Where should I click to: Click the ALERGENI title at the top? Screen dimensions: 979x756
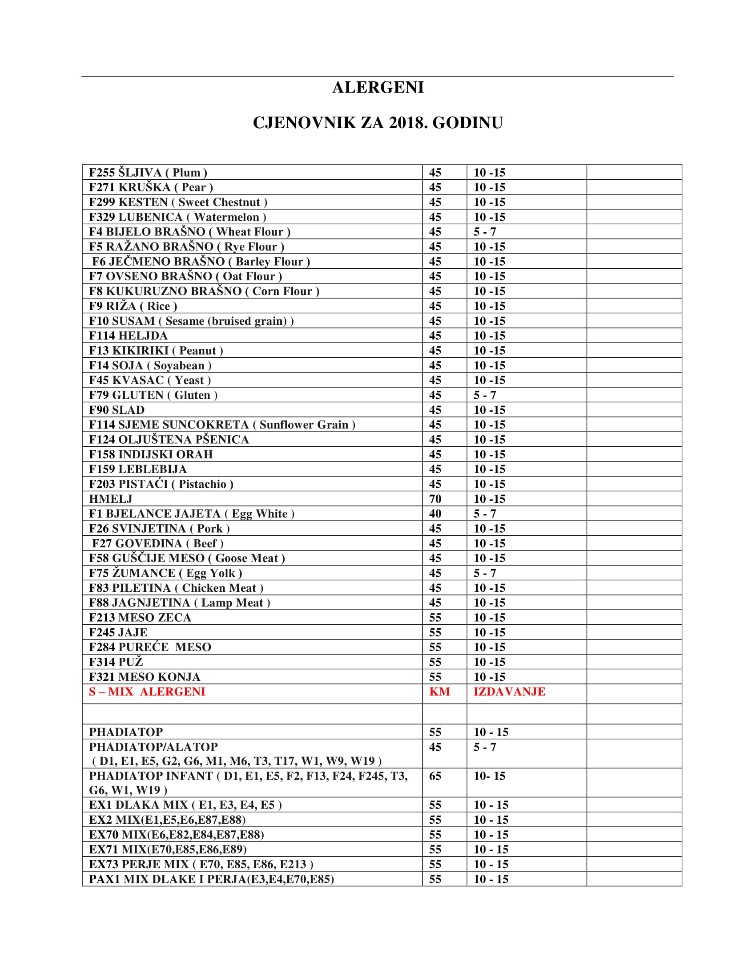pyautogui.click(x=378, y=87)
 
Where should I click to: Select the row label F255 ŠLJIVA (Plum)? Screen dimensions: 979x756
pyautogui.click(x=148, y=173)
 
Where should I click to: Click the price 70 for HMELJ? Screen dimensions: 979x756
pyautogui.click(x=435, y=499)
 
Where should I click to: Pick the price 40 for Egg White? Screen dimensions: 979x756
pyautogui.click(x=435, y=514)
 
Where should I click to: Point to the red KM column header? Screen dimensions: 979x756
pyautogui.click(x=439, y=692)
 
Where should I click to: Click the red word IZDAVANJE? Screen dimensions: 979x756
pyautogui.click(x=509, y=692)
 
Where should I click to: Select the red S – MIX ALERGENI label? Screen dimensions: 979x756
pyautogui.click(x=147, y=692)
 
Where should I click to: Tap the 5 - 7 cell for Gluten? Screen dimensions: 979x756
pyautogui.click(x=485, y=395)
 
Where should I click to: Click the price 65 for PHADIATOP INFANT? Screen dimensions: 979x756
pyautogui.click(x=435, y=776)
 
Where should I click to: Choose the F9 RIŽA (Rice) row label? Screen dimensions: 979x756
pyautogui.click(x=133, y=306)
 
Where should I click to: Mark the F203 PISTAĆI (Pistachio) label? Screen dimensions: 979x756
pyautogui.click(x=161, y=484)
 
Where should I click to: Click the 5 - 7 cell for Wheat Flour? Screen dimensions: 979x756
pyautogui.click(x=485, y=232)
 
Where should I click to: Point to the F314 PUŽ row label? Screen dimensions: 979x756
pyautogui.click(x=116, y=662)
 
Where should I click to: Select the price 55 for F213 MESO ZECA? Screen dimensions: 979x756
pyautogui.click(x=435, y=618)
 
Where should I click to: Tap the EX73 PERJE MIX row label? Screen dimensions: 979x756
pyautogui.click(x=201, y=864)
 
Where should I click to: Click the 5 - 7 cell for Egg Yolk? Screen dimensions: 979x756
pyautogui.click(x=485, y=573)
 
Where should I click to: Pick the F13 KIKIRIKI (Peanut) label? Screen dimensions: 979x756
pyautogui.click(x=156, y=351)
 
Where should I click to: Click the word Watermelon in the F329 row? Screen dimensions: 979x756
pyautogui.click(x=226, y=218)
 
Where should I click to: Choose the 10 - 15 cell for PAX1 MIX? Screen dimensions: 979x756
pyautogui.click(x=491, y=879)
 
